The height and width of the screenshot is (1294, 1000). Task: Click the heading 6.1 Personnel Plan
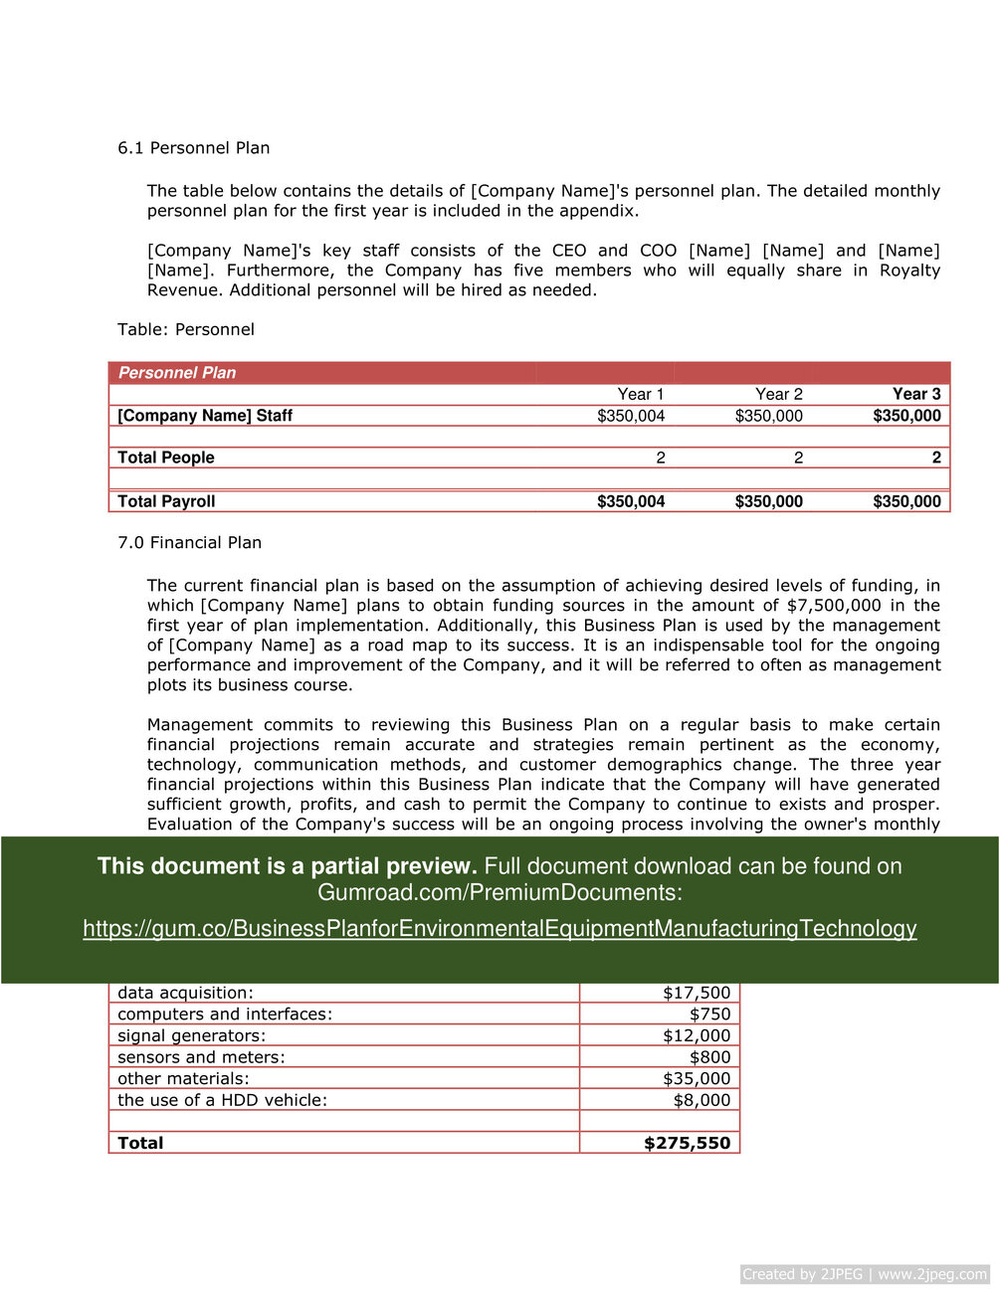[x=193, y=148]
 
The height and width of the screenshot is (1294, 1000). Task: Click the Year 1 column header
[x=640, y=394]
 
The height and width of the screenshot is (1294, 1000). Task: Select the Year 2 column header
[x=778, y=394]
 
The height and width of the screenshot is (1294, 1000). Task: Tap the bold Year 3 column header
[x=915, y=394]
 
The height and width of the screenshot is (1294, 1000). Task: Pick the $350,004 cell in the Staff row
[x=631, y=416]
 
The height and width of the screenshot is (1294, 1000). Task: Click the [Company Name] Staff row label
[x=205, y=416]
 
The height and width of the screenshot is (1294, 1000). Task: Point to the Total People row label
[x=166, y=458]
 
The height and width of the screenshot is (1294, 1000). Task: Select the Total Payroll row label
[x=166, y=501]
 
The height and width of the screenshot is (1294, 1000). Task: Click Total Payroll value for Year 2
[x=768, y=501]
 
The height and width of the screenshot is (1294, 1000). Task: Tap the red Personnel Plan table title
[x=177, y=373]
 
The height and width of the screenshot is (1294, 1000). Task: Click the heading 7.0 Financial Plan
[x=189, y=543]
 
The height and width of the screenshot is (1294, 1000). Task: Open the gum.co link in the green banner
[x=500, y=929]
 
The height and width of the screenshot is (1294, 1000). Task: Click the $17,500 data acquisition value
[x=697, y=993]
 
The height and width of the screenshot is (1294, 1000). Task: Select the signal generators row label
[x=191, y=1035]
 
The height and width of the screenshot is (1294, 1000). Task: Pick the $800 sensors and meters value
[x=709, y=1057]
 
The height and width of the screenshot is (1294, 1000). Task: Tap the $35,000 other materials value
[x=697, y=1079]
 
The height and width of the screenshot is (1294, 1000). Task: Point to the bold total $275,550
[x=687, y=1143]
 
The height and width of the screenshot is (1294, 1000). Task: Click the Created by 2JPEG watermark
[x=865, y=1274]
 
